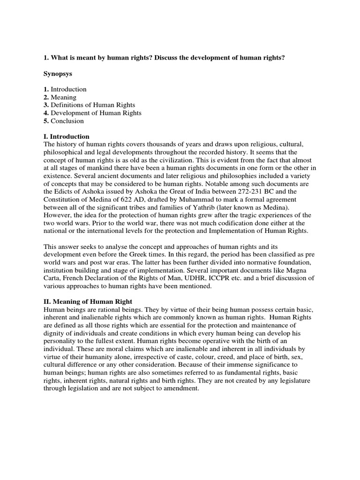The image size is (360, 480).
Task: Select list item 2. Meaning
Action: tap(60, 97)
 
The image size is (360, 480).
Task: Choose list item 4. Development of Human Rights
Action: tap(92, 113)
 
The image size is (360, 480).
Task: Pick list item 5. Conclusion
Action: tap(64, 121)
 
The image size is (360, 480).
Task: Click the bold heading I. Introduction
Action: tap(66, 137)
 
